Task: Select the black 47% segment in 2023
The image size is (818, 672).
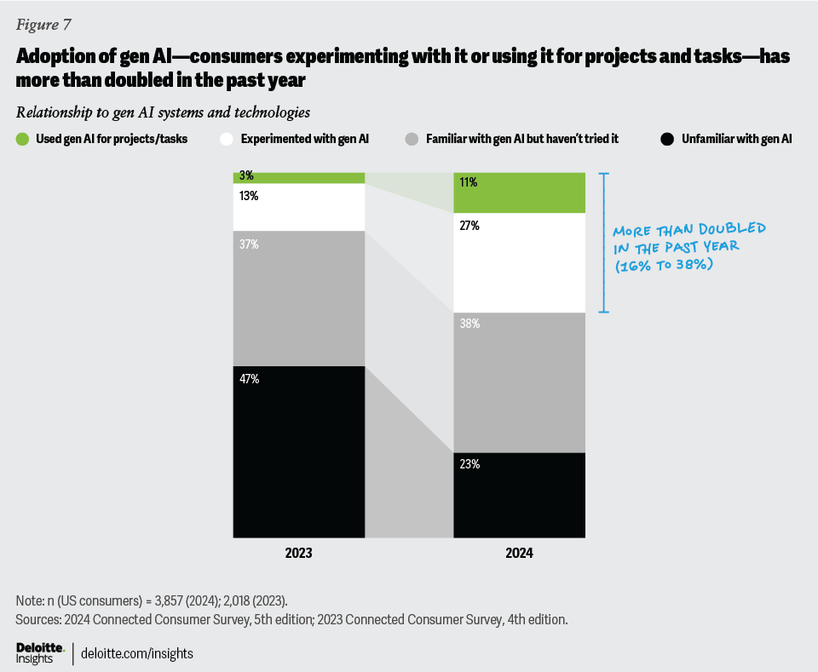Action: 299,451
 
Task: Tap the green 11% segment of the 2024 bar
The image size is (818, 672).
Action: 519,192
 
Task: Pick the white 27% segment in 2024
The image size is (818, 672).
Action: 519,262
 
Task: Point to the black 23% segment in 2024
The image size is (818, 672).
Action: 519,495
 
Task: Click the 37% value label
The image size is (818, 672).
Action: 250,244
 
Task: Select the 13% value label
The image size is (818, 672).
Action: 250,196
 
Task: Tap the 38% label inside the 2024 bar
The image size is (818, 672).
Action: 470,325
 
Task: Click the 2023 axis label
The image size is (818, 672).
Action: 298,553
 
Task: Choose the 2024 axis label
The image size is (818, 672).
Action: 519,553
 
